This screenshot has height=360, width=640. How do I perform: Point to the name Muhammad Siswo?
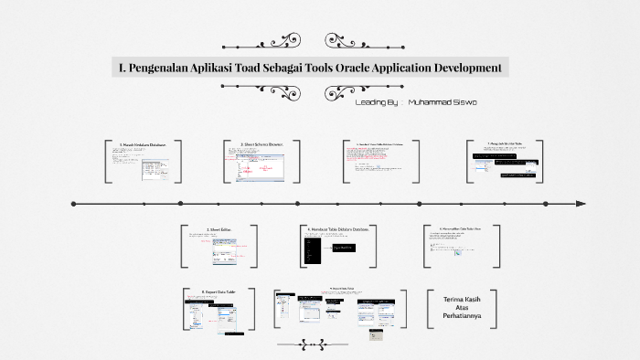[443, 103]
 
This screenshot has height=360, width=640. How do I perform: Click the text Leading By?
[375, 103]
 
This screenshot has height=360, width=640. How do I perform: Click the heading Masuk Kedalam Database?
[143, 144]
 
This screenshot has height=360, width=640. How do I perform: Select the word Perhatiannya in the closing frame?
[462, 321]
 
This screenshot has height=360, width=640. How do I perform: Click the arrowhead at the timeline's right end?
[580, 204]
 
